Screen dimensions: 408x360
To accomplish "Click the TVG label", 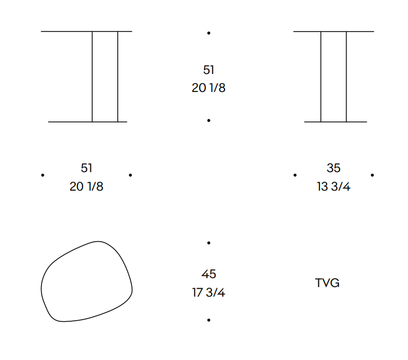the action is (327, 283).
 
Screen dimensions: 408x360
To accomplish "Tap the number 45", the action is (209, 274).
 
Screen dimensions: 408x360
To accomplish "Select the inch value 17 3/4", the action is (209, 292).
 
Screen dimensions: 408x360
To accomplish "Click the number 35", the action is (333, 168).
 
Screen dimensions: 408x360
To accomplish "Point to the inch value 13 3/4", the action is (333, 186).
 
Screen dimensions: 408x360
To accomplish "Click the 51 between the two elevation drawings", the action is (209, 70).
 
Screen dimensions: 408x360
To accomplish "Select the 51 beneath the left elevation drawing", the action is (86, 168).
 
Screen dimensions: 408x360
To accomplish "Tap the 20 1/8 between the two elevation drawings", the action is (209, 88).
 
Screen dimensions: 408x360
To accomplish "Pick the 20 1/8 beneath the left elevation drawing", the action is (86, 186).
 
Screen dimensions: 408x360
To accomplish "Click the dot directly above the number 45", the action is (209, 243).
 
